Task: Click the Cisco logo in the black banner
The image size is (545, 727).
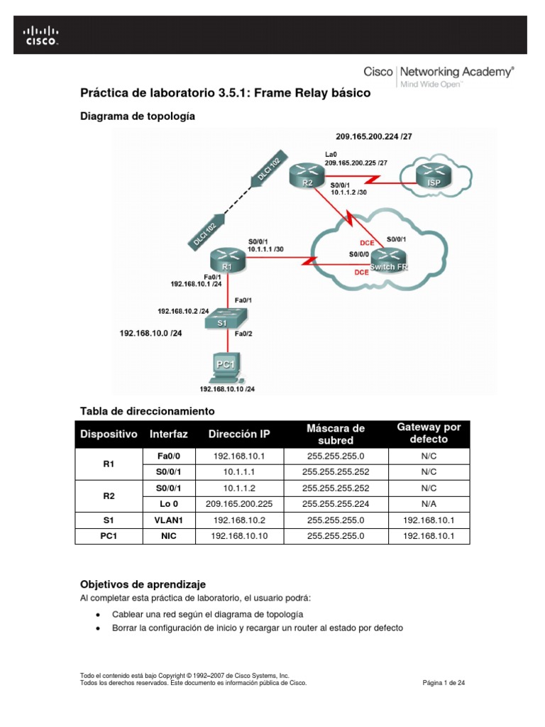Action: point(42,35)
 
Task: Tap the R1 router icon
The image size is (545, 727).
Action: point(226,261)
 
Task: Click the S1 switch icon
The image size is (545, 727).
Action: point(222,319)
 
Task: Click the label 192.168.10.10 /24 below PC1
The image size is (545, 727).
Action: point(227,389)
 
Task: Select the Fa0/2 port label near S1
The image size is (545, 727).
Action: point(244,333)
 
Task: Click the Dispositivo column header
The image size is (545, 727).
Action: point(108,434)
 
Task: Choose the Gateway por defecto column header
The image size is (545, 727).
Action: point(429,433)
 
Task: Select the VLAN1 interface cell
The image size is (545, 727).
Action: point(168,520)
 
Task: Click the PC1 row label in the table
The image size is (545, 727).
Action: point(108,536)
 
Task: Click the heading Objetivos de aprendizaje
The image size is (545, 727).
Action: point(143,584)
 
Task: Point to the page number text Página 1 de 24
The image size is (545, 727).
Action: point(444,682)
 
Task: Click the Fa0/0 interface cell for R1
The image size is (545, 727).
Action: point(168,456)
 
